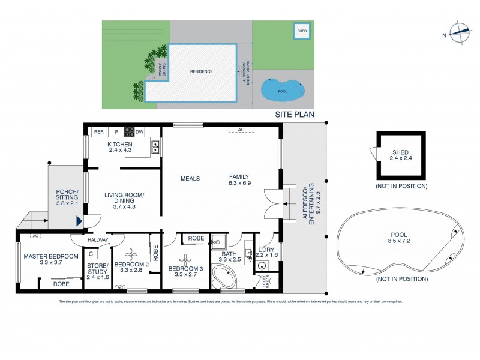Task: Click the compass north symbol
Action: (460, 34)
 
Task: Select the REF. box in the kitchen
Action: (98, 132)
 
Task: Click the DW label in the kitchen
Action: (139, 132)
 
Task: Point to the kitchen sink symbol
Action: (155, 145)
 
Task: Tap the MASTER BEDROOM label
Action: (51, 257)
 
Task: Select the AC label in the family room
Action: (240, 130)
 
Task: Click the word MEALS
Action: (190, 178)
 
